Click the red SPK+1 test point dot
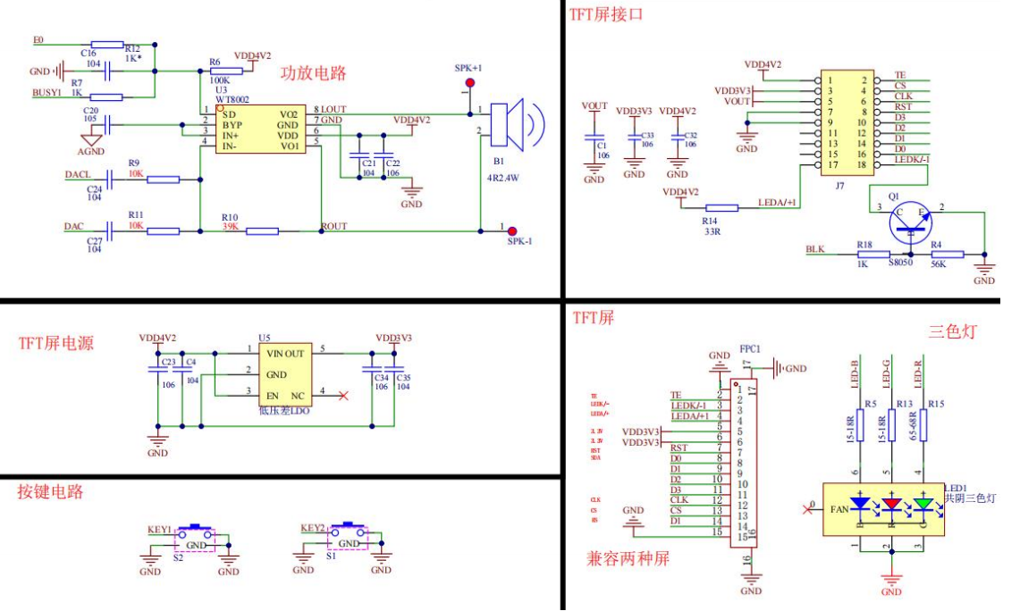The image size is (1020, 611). tap(467, 84)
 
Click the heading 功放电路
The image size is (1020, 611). tap(313, 73)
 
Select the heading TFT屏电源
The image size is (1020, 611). tap(55, 343)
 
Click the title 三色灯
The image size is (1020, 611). tap(954, 332)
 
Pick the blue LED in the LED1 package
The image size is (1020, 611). tap(861, 504)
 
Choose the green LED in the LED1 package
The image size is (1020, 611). tap(923, 504)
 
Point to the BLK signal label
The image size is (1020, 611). tap(814, 249)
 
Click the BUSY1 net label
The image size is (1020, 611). tap(46, 92)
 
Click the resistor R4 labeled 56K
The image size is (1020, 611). tap(947, 255)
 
